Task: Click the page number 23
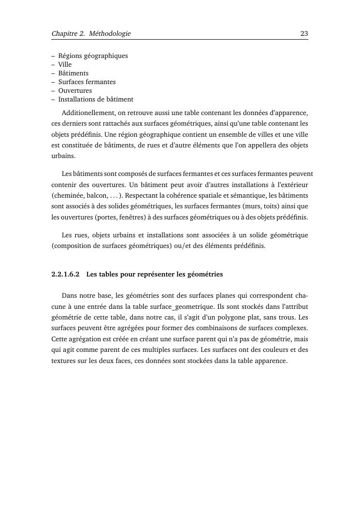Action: [304, 33]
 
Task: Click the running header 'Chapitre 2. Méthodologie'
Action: [91, 33]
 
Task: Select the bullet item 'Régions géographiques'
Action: [93, 56]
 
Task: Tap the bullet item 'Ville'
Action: [65, 64]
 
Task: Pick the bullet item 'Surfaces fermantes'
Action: [87, 82]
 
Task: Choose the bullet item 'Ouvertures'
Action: [75, 90]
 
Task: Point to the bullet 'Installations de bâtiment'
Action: [96, 99]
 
